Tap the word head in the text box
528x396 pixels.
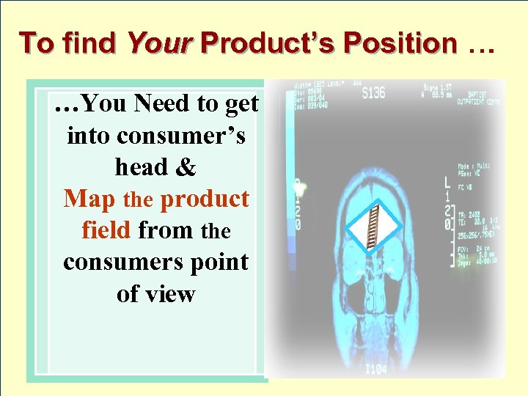click(x=141, y=167)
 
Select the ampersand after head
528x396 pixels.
click(x=186, y=168)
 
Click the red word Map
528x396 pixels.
click(x=90, y=199)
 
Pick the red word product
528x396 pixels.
click(x=204, y=199)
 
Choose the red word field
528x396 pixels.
click(x=106, y=230)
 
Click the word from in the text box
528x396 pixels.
click(x=166, y=231)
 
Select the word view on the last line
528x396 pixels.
click(x=172, y=294)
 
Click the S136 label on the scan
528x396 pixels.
click(x=375, y=94)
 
